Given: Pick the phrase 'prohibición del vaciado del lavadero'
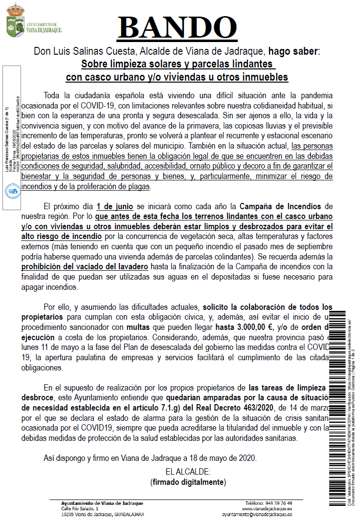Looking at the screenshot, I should click(x=85, y=266).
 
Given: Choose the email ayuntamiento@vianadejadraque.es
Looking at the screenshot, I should click(x=257, y=515).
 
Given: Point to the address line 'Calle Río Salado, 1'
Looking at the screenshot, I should click(x=73, y=509).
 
